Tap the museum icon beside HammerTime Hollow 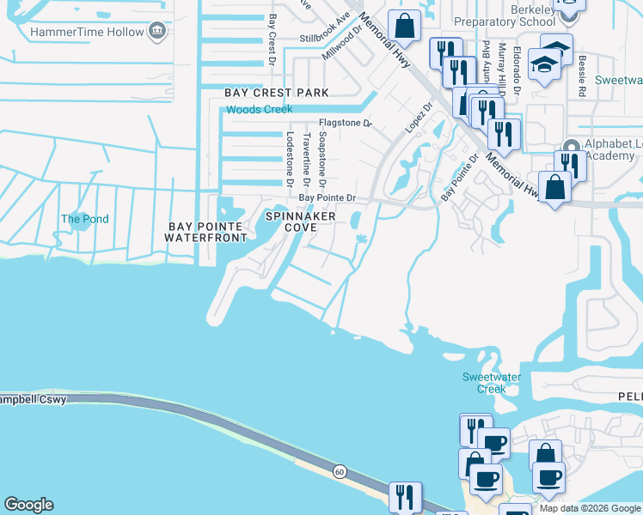[x=157, y=32]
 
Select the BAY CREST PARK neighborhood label [x=277, y=92]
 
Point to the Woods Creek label [x=259, y=109]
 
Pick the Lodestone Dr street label [x=290, y=161]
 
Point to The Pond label [x=84, y=219]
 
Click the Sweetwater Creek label [x=484, y=383]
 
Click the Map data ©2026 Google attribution [x=590, y=508]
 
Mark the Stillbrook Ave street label [x=325, y=39]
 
